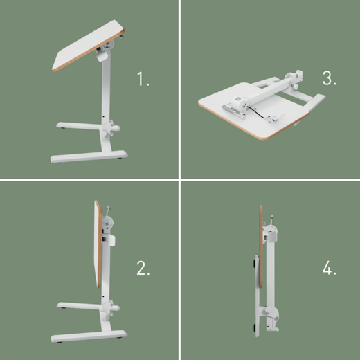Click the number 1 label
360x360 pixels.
(x=143, y=79)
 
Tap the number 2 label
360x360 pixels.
(x=143, y=269)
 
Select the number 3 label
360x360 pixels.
(x=330, y=78)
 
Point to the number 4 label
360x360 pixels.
(x=330, y=269)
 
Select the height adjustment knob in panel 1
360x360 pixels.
(x=110, y=129)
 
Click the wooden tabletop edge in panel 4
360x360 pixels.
(x=260, y=249)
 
